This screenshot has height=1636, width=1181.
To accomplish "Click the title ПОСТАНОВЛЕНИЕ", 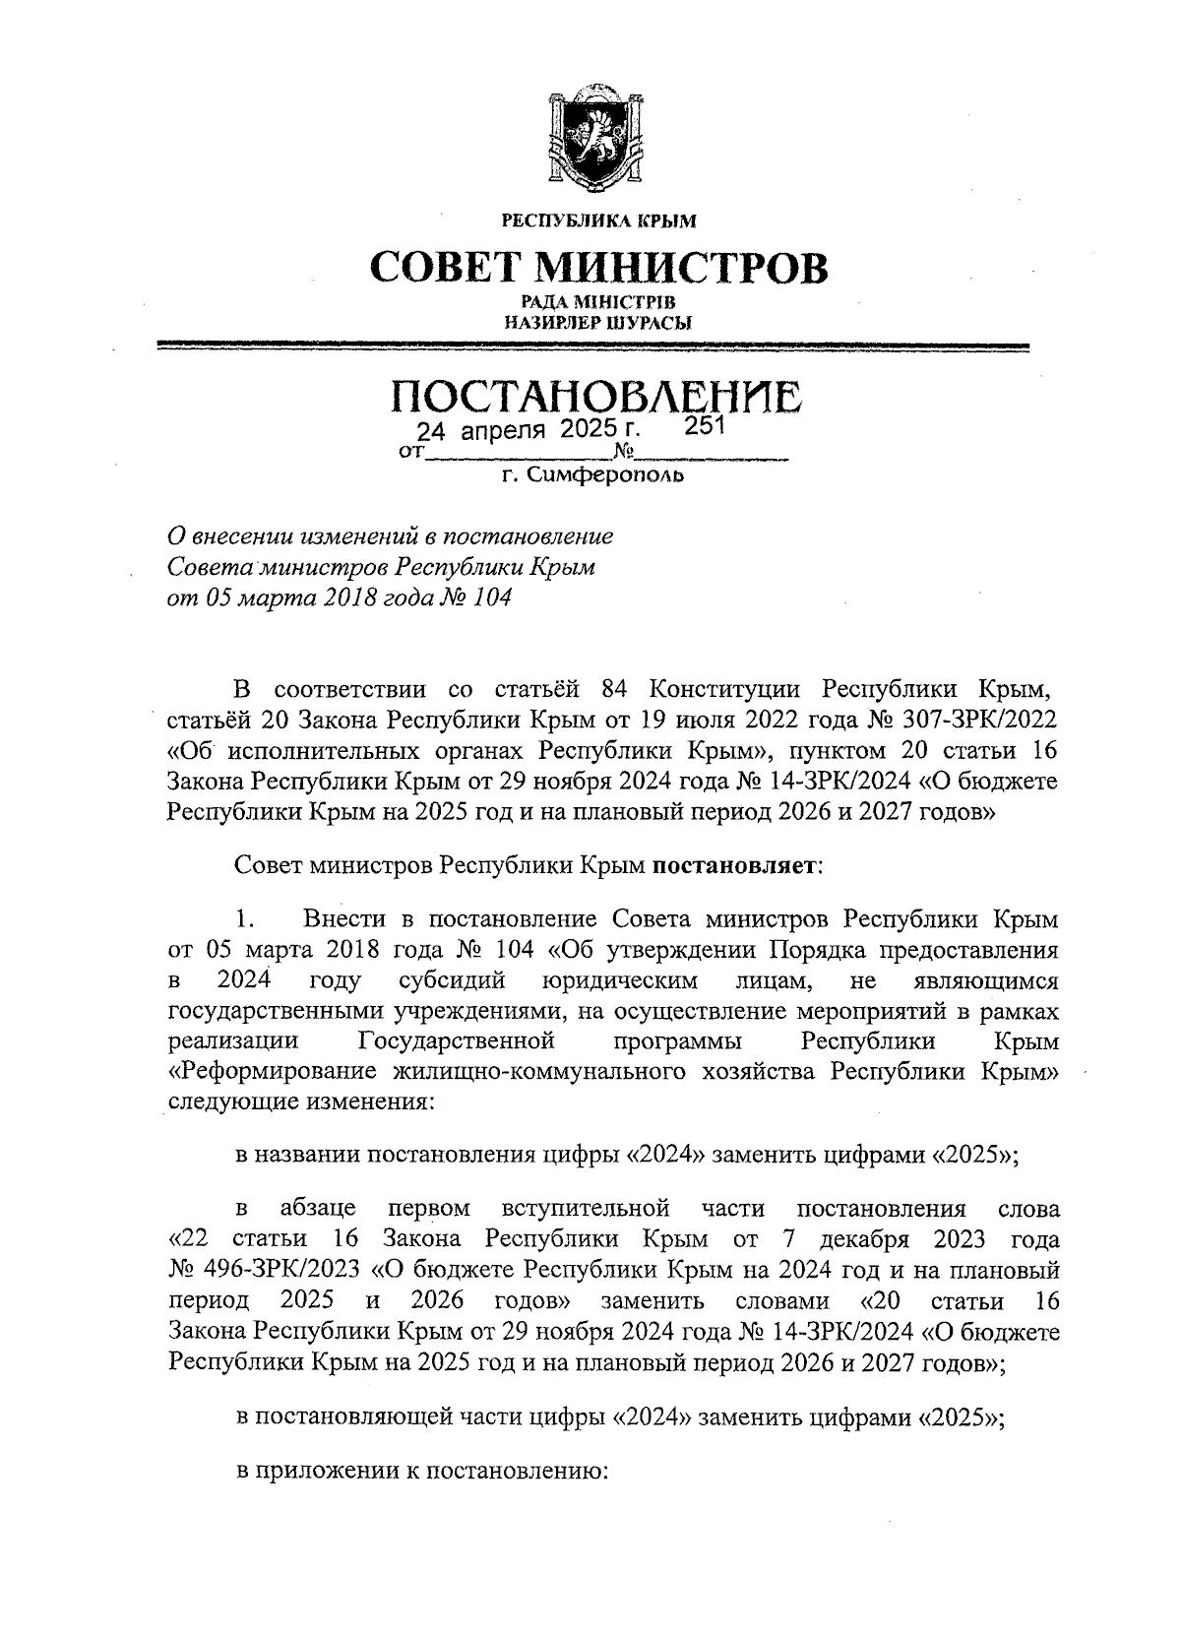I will pyautogui.click(x=597, y=397).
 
